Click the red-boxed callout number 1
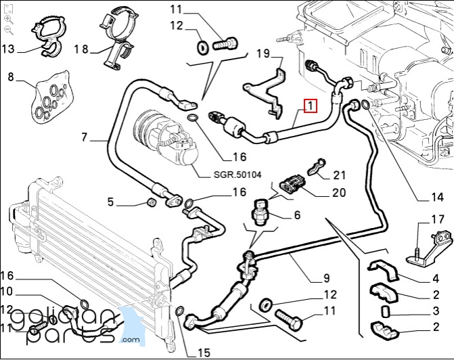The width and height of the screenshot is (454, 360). pos(310,106)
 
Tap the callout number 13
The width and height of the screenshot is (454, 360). pos(8,49)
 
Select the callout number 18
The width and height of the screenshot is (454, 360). pos(81,49)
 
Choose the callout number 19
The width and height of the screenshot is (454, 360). pos(263,53)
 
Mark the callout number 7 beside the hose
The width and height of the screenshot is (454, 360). pos(85,139)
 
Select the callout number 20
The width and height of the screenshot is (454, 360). pos(339,193)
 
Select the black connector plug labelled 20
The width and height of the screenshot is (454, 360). pos(292,184)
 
